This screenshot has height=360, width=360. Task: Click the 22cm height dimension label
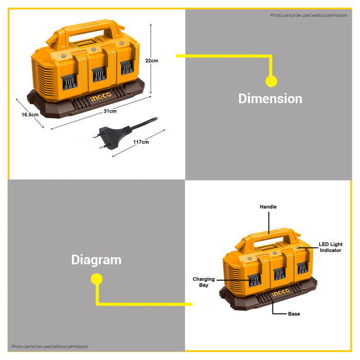[152, 61]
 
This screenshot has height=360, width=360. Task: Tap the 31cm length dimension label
[110, 111]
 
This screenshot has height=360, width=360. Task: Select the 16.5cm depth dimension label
[30, 115]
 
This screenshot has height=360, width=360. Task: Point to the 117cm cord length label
[141, 142]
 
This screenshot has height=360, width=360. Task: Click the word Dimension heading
[270, 99]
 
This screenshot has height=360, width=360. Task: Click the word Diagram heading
[96, 260]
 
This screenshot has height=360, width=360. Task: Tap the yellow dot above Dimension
[271, 81]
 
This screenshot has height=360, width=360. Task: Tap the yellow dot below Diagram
[97, 279]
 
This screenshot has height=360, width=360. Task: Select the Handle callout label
[268, 207]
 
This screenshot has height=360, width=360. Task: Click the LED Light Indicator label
[331, 247]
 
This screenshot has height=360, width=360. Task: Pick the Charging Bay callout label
[204, 282]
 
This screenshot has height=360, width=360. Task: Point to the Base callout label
[294, 314]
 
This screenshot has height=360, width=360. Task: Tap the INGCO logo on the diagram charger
[280, 293]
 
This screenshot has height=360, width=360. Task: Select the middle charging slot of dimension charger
[99, 74]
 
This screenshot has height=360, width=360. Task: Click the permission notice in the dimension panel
[309, 15]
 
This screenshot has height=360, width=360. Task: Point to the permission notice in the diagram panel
[49, 347]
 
